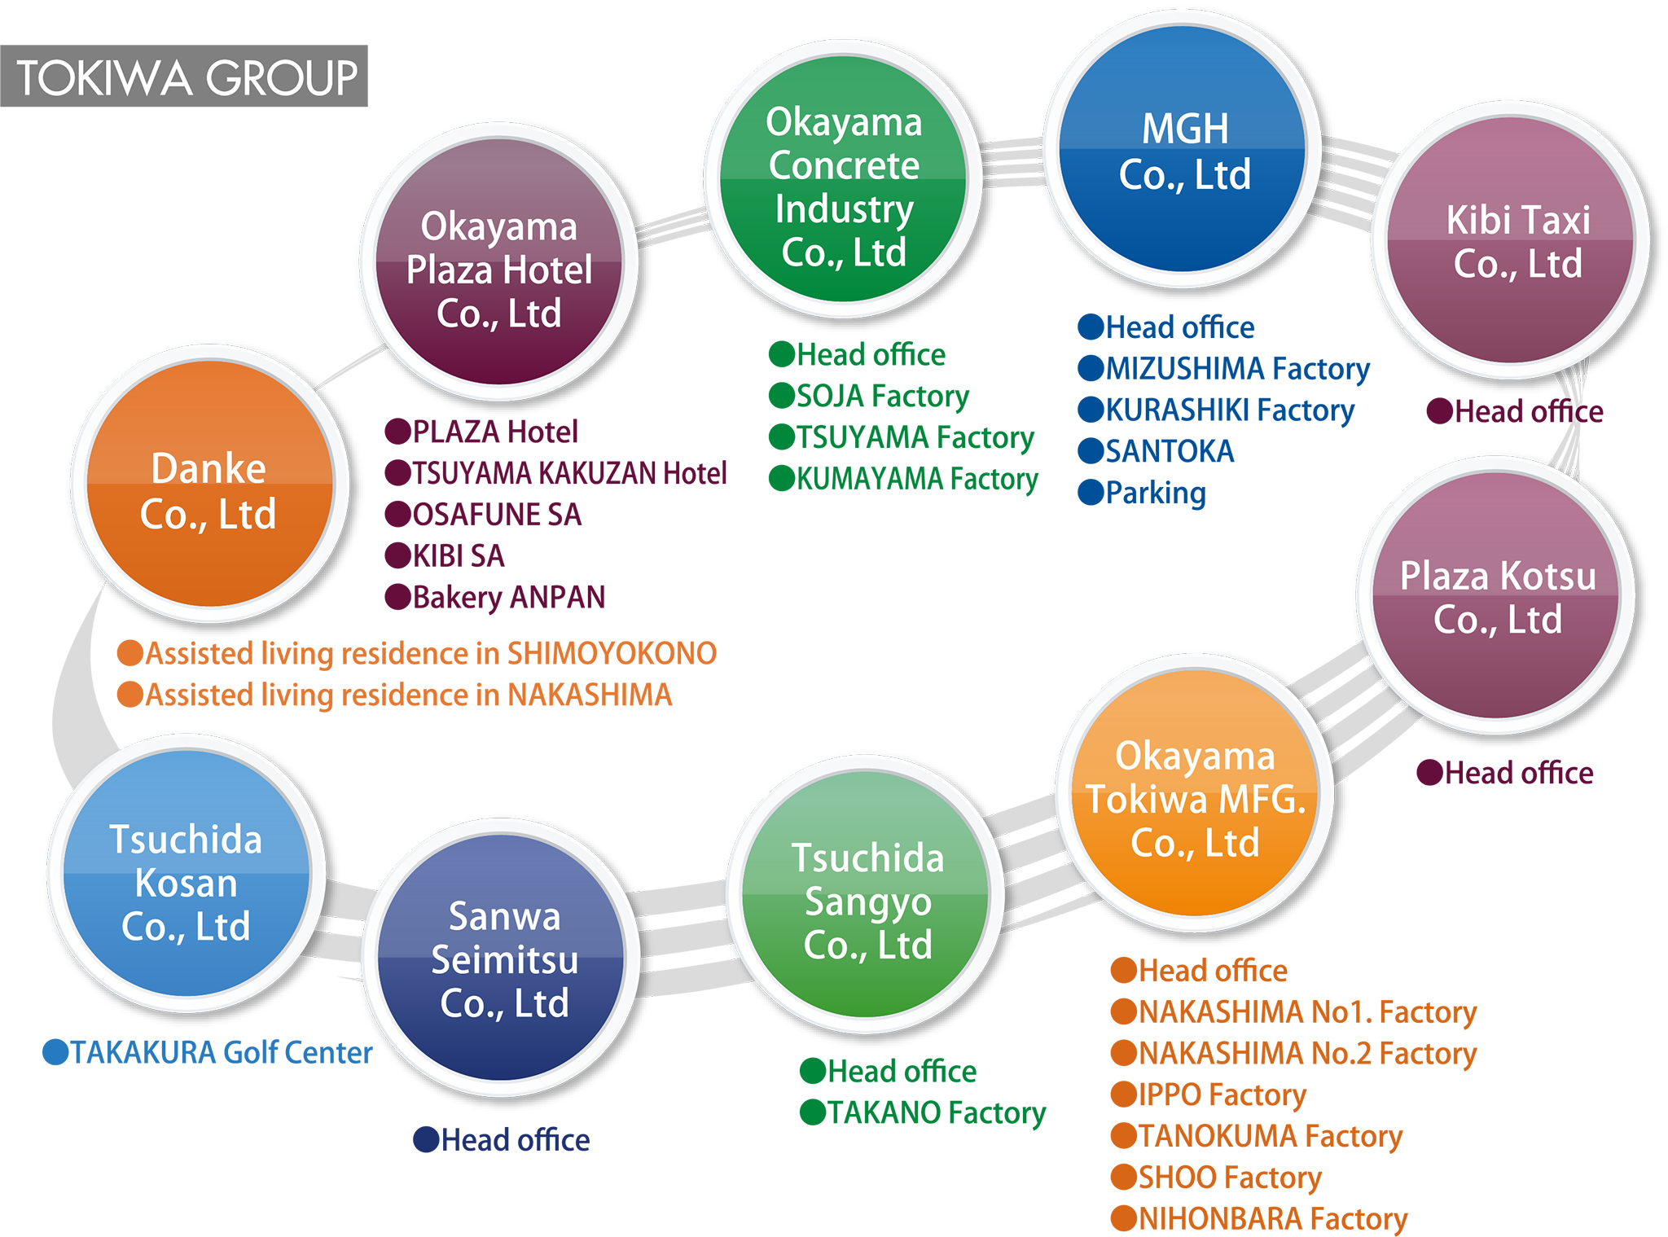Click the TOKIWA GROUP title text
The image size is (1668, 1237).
tap(187, 78)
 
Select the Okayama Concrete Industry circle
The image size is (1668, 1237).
tap(843, 179)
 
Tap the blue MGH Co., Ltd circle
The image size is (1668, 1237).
tap(1183, 151)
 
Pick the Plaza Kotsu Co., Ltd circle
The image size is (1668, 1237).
tap(1496, 596)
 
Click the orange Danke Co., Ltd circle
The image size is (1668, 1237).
tap(209, 484)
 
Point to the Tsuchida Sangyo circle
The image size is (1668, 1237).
tap(866, 896)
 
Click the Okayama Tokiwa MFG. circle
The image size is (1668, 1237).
tap(1194, 794)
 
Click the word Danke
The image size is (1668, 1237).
tap(208, 468)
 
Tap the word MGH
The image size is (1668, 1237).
tap(1185, 129)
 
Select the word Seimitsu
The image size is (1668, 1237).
tap(504, 960)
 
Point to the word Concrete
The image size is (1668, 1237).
tap(844, 165)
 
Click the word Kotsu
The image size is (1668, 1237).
tap(1547, 577)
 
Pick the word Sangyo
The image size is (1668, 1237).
tap(867, 902)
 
